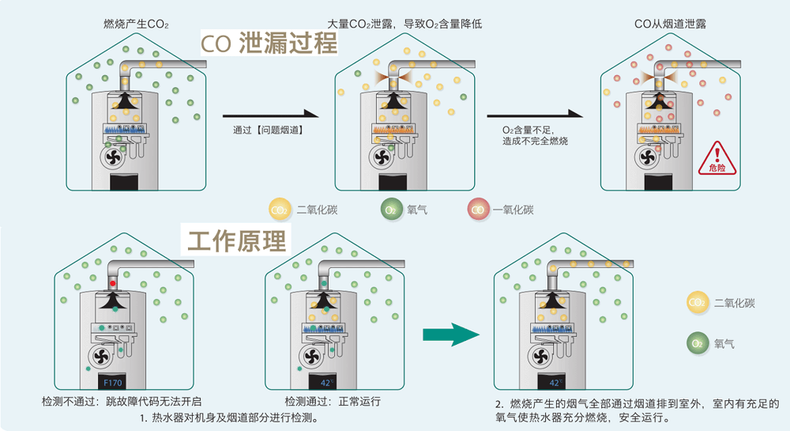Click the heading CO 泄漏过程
click(x=269, y=43)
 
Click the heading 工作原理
click(x=237, y=240)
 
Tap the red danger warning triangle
click(x=717, y=157)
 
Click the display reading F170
click(x=113, y=383)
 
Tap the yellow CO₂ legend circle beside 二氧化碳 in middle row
click(x=279, y=210)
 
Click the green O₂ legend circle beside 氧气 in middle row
click(x=391, y=210)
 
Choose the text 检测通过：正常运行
click(x=333, y=401)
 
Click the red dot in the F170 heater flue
click(x=113, y=282)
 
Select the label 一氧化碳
click(x=513, y=210)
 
